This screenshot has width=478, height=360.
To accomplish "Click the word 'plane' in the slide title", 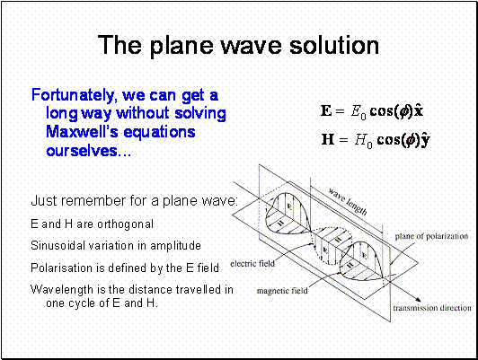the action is coord(181,46).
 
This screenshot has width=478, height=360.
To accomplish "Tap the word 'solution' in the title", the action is coord(334,45).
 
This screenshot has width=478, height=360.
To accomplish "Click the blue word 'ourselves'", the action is coord(82,151).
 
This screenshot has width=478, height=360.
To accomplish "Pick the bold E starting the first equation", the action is coord(326,110).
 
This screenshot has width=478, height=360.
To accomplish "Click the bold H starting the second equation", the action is coord(328,140).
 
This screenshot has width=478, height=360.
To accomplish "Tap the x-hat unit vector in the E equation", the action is coord(419,110).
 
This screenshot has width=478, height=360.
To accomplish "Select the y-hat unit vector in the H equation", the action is coord(425,140).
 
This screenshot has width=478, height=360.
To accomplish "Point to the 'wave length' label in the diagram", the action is coord(348,201).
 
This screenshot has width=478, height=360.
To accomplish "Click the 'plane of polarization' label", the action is coord(431,236).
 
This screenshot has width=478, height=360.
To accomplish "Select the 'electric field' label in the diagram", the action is coord(252,263).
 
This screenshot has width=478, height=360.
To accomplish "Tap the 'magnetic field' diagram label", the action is coord(282,291).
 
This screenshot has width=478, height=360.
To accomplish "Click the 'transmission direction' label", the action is coord(432,308).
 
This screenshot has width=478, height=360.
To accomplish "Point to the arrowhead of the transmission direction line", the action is coord(419,300).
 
